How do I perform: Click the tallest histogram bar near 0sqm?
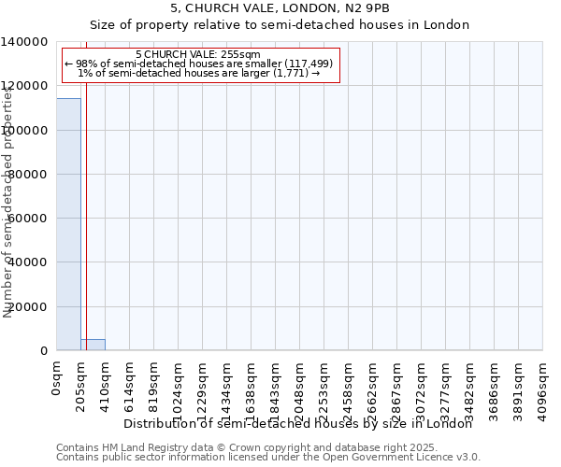pyautogui.click(x=68, y=224)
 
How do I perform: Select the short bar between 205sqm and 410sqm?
pyautogui.click(x=93, y=345)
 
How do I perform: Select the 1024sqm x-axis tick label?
pyautogui.click(x=179, y=389)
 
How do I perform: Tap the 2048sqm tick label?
pyautogui.click(x=300, y=389)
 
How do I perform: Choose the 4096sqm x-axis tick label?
pyautogui.click(x=543, y=389)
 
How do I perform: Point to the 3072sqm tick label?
pyautogui.click(x=422, y=389)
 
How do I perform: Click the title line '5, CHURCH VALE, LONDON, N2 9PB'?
pyautogui.click(x=280, y=8)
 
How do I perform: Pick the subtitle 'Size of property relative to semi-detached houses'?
pyautogui.click(x=280, y=25)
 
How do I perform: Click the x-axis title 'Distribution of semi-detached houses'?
pyautogui.click(x=298, y=424)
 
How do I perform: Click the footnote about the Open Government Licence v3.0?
pyautogui.click(x=267, y=458)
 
